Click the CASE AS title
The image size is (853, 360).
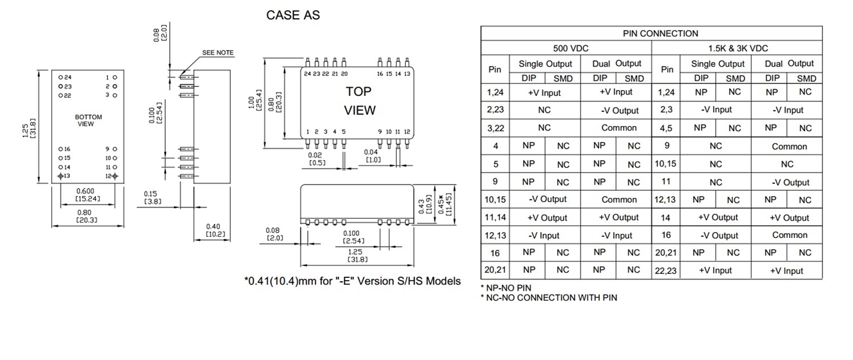pos(293,15)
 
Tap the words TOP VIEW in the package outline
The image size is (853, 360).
pos(359,100)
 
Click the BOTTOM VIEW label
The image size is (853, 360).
pos(89,120)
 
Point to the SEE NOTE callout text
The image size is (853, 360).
pos(218,53)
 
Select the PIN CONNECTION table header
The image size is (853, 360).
pos(651,33)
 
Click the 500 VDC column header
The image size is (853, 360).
pos(570,48)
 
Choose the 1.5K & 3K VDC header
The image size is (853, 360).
pos(738,48)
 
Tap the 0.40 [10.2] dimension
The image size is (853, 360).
pos(215,230)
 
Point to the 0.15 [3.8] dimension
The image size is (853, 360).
pos(151,197)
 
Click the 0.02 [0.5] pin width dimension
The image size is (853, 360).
pos(317,159)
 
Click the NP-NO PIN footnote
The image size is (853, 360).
pos(506,287)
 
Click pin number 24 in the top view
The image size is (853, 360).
pos(307,73)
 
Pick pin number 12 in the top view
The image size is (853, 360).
pos(407,132)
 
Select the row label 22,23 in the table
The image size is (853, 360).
pos(666,271)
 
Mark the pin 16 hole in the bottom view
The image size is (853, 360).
pos(61,149)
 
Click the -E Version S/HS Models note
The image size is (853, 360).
pos(352,281)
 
